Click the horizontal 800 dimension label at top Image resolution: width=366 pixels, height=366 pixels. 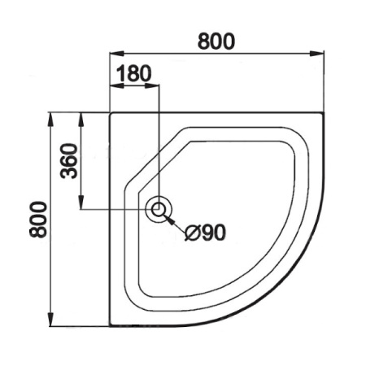pyautogui.click(x=216, y=41)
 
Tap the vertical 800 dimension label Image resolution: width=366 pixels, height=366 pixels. pyautogui.click(x=38, y=220)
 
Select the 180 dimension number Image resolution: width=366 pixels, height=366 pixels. pyautogui.click(x=134, y=73)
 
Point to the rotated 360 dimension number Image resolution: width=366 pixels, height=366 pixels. pyautogui.click(x=69, y=161)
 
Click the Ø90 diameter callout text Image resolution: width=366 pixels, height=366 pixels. pyautogui.click(x=205, y=233)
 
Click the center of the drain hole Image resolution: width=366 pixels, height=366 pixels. pyautogui.click(x=159, y=209)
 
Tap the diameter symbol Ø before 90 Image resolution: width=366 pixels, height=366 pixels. pyautogui.click(x=192, y=233)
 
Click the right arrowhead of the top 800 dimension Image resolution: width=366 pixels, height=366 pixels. pyautogui.click(x=317, y=54)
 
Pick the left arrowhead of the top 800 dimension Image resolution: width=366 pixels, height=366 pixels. pyautogui.click(x=116, y=54)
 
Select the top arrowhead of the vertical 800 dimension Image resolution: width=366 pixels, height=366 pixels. pyautogui.click(x=50, y=120)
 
